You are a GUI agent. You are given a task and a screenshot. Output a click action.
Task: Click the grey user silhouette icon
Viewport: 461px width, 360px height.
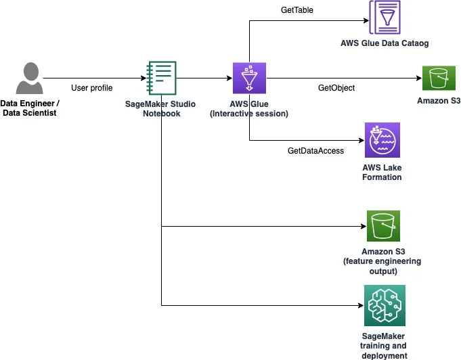click(x=29, y=78)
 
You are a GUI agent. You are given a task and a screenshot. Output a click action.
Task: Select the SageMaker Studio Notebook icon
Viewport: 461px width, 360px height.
click(x=161, y=78)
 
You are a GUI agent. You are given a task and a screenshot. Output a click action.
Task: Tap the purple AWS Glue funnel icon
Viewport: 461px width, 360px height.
click(x=249, y=78)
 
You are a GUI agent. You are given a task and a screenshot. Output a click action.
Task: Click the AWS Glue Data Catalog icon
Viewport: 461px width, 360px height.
click(x=385, y=18)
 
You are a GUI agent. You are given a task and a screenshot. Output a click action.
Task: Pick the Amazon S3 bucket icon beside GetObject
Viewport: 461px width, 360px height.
click(x=439, y=78)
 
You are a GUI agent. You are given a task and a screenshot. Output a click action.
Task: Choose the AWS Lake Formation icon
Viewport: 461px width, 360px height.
click(x=382, y=140)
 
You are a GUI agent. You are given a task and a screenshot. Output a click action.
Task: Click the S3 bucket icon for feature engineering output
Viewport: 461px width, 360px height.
click(x=383, y=226)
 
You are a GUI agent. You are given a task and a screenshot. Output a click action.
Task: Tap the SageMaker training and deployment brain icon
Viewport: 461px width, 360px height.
click(x=385, y=305)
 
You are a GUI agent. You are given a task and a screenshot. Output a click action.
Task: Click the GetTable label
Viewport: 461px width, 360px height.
click(x=297, y=10)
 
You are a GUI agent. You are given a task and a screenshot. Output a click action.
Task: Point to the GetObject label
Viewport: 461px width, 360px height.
click(x=336, y=88)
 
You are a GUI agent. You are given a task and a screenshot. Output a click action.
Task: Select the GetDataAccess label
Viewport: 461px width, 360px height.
click(x=315, y=151)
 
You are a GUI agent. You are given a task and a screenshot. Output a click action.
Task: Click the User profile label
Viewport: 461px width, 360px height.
click(x=92, y=88)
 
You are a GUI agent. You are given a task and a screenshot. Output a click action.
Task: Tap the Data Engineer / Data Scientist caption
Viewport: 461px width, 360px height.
click(x=30, y=108)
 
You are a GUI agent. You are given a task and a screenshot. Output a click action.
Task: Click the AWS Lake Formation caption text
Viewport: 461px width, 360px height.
click(x=382, y=172)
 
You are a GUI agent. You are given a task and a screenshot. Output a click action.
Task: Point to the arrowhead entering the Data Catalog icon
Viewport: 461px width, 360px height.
click(x=366, y=20)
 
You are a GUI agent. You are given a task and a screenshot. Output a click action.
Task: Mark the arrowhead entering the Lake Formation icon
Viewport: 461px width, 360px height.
click(x=362, y=140)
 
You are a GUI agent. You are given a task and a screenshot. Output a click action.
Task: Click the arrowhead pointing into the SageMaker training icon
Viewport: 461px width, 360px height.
click(x=361, y=306)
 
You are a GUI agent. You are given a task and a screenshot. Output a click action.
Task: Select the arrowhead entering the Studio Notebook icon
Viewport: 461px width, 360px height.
click(x=144, y=78)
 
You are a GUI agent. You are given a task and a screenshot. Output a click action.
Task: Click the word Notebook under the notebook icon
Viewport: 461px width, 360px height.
click(x=161, y=114)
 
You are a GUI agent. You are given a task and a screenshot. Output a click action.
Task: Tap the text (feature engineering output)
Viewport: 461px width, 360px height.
click(x=382, y=266)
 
